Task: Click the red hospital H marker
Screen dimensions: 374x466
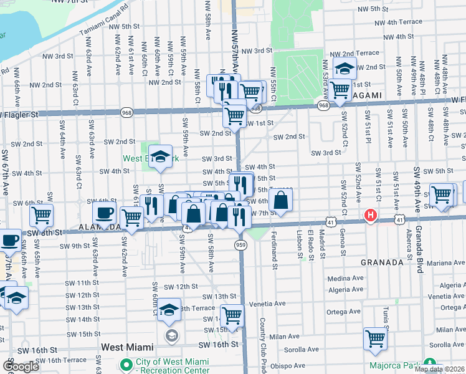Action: [371, 216]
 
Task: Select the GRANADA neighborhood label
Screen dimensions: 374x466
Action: [381, 262]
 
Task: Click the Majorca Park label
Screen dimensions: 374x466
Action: [395, 365]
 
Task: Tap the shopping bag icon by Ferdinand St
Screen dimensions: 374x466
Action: [281, 200]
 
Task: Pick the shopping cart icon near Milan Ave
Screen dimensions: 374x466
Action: [376, 339]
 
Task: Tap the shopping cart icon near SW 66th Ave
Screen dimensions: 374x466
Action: [41, 216]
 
